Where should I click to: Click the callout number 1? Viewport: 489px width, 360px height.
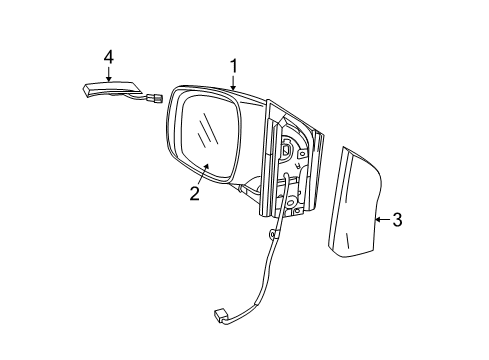234,67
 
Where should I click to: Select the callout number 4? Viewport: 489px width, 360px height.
108,57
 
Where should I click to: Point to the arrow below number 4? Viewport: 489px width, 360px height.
108,74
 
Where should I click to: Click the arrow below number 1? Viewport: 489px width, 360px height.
234,83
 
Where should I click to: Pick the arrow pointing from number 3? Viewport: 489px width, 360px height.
381,220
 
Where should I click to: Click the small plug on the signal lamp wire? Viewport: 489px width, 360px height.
157,99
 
